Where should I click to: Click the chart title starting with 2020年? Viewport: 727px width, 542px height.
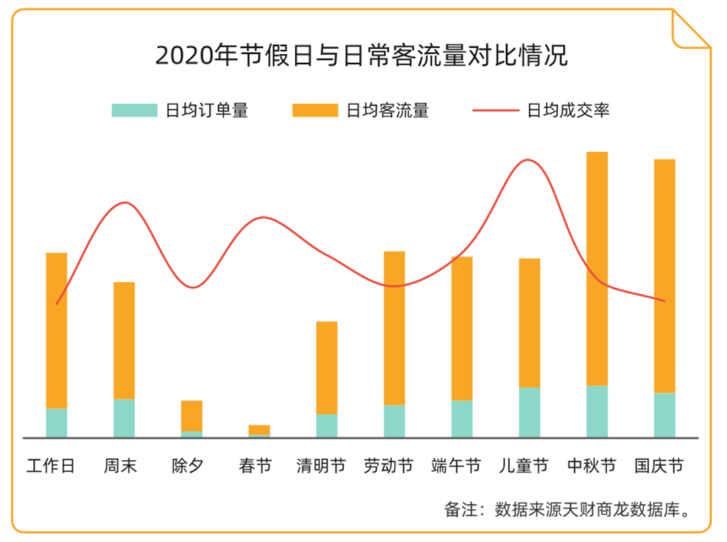click(361, 55)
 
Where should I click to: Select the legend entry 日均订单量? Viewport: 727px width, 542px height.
click(180, 110)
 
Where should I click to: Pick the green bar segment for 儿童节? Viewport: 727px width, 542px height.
click(529, 412)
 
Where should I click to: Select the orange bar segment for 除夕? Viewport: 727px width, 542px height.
click(191, 415)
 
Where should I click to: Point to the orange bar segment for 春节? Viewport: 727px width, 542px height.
click(259, 430)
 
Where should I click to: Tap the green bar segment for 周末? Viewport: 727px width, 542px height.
click(124, 417)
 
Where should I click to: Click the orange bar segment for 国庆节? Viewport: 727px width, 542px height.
click(664, 275)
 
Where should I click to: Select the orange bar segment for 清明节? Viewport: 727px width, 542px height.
click(326, 367)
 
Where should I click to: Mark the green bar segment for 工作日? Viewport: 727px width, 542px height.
click(57, 422)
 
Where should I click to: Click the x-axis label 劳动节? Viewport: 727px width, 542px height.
click(388, 465)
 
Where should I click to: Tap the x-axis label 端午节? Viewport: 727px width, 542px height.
click(456, 465)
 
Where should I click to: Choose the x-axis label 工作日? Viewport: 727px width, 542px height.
click(51, 465)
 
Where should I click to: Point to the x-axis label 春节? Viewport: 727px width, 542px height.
click(255, 465)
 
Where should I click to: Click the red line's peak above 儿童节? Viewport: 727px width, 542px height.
click(527, 160)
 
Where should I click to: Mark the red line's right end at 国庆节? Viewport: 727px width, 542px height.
click(664, 301)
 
